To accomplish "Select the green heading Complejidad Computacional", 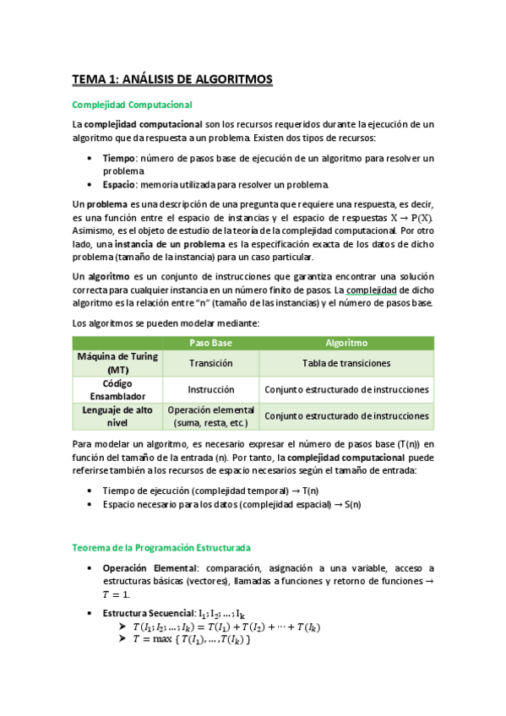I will (133, 105).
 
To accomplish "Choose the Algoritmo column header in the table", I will (346, 343).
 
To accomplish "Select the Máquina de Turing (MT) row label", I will (117, 363).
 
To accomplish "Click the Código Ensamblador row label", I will (117, 389).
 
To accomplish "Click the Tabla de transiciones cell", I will (346, 363).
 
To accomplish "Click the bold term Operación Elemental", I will (148, 568).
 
